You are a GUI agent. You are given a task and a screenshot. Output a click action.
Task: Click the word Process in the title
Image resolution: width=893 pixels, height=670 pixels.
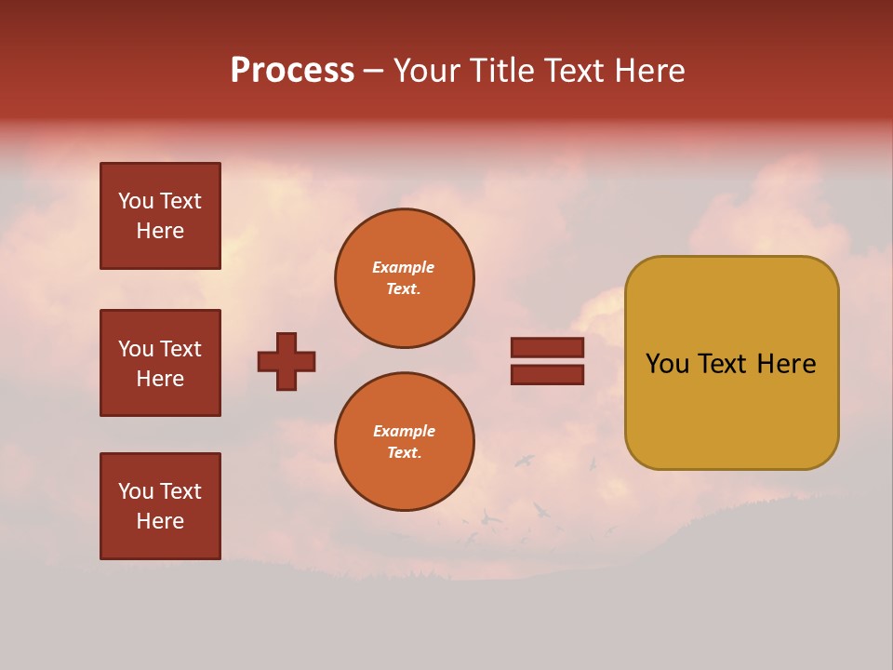coord(292,71)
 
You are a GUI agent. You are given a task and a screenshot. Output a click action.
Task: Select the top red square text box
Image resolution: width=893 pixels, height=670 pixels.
coord(160,216)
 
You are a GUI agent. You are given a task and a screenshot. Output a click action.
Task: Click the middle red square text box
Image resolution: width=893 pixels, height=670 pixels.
coord(160,363)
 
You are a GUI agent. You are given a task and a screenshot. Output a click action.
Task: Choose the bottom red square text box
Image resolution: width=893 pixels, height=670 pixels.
coord(160,505)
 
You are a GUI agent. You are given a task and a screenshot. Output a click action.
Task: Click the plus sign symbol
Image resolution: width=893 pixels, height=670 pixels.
coord(287,361)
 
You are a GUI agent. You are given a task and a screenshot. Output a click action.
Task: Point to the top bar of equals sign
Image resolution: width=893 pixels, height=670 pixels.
coord(547,347)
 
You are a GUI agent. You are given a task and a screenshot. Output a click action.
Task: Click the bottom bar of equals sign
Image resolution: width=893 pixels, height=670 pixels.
coord(547,374)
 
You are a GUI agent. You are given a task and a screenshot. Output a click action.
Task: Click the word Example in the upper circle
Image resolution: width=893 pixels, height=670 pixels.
coord(404,267)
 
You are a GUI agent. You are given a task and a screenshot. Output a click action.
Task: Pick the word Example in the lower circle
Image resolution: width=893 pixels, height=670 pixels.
coord(404,431)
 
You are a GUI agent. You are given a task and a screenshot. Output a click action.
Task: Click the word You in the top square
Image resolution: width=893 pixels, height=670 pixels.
coord(135,201)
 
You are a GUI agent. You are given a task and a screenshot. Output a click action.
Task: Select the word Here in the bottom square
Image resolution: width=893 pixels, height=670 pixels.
coord(160,521)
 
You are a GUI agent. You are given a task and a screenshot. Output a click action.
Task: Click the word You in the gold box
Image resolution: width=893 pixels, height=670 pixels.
coord(667,364)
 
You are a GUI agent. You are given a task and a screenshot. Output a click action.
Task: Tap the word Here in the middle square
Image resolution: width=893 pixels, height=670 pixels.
coord(160,379)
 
